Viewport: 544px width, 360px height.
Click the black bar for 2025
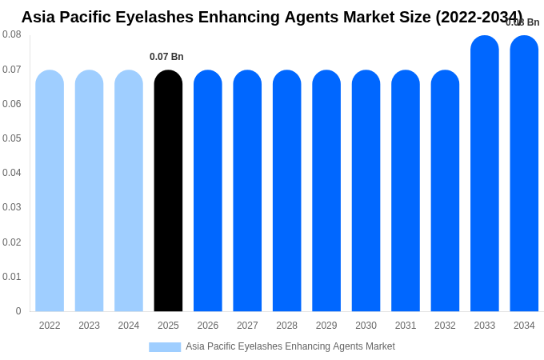(168, 192)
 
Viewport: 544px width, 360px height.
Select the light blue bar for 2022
(50, 192)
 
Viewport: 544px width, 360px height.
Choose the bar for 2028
(286, 192)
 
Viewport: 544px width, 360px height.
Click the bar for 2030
(366, 192)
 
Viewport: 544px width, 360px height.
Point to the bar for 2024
(129, 192)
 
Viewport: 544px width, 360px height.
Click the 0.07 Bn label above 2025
(166, 57)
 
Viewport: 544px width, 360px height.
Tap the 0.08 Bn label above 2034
(522, 22)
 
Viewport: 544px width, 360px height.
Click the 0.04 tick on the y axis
(12, 173)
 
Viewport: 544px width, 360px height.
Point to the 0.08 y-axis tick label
(12, 34)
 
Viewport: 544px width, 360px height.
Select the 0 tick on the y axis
(18, 311)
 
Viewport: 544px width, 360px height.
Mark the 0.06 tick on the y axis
(12, 104)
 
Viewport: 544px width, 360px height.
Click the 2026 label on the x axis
(208, 326)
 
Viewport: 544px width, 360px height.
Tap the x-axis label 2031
(406, 326)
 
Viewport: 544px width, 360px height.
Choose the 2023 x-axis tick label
(89, 326)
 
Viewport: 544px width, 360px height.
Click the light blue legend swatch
(165, 346)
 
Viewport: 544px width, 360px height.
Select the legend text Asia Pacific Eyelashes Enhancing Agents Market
(290, 346)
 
